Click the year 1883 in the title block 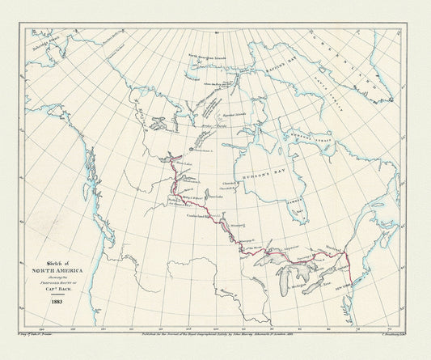[57, 302]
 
